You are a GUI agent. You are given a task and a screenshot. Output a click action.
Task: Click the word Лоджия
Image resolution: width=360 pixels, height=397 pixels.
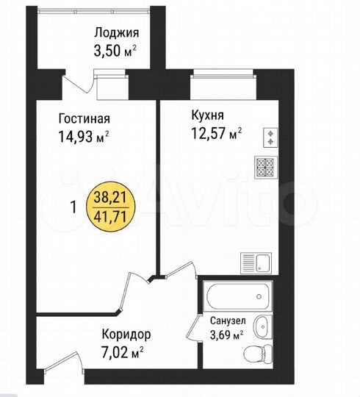tap(115, 32)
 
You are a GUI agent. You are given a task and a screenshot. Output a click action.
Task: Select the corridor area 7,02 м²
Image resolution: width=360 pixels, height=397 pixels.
tap(122, 351)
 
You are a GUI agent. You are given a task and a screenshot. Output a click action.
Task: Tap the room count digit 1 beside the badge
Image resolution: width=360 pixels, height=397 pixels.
tap(73, 207)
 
